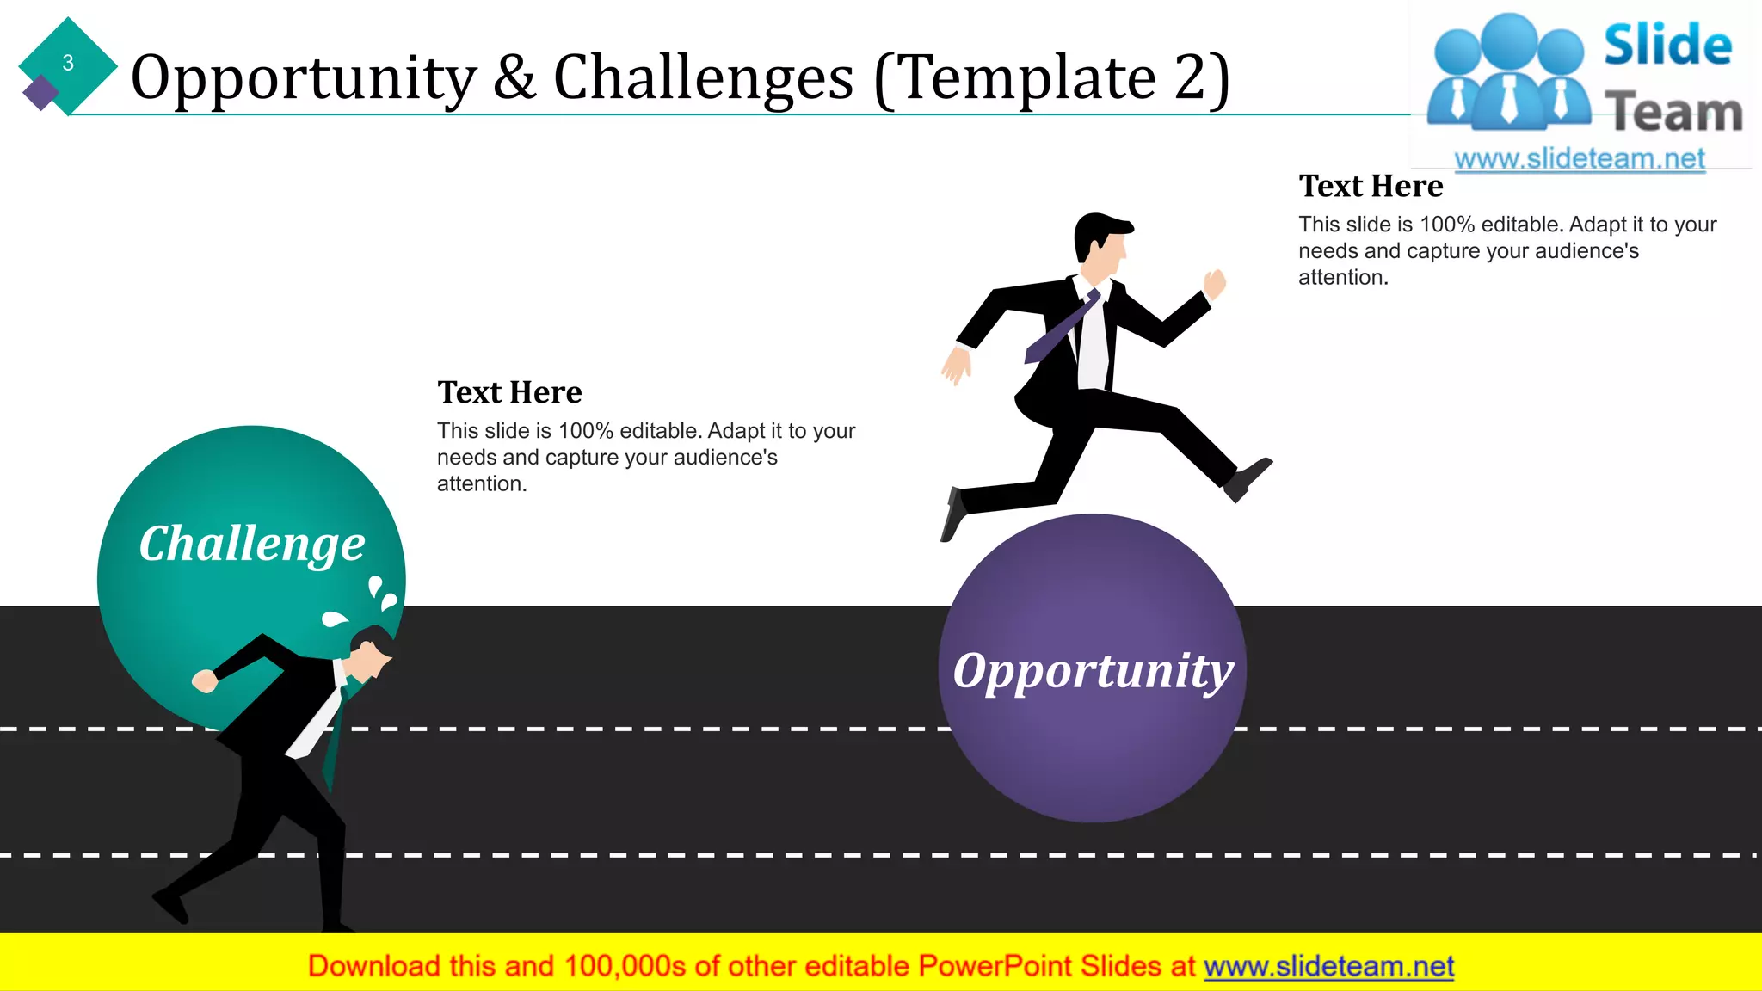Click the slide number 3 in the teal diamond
[x=68, y=63]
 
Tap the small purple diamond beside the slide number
[x=40, y=92]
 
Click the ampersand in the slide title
[x=514, y=77]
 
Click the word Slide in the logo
[x=1667, y=45]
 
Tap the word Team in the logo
[x=1673, y=113]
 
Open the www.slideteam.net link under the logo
[x=1580, y=158]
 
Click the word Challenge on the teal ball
[x=252, y=544]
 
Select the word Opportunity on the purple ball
[x=1093, y=670]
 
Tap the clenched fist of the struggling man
[x=204, y=681]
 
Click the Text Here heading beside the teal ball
[x=509, y=392]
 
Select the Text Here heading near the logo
[x=1371, y=186]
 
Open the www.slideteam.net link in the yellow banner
[x=1328, y=966]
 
